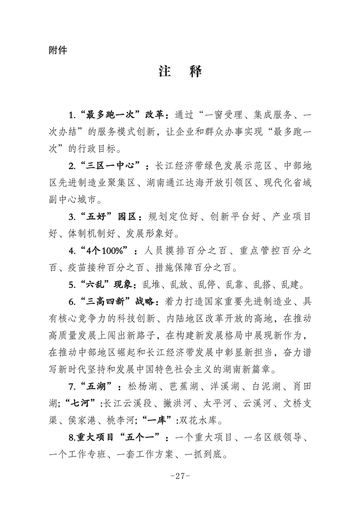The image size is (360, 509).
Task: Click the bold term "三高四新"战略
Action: (119, 302)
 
